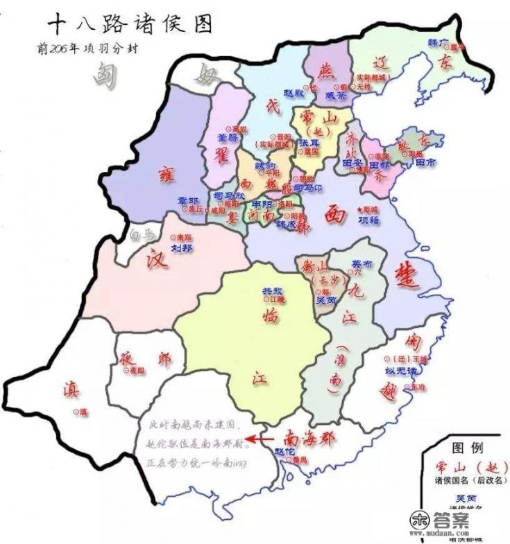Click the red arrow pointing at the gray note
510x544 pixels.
coord(263,439)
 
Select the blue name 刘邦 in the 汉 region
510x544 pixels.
coord(181,247)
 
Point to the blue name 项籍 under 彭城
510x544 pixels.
coord(368,219)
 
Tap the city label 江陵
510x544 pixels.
coord(277,299)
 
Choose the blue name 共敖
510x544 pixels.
coord(271,290)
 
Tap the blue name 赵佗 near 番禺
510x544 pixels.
coord(282,451)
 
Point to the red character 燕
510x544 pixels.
coord(324,69)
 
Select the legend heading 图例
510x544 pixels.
coord(468,448)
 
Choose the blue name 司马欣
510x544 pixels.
coord(229,196)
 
